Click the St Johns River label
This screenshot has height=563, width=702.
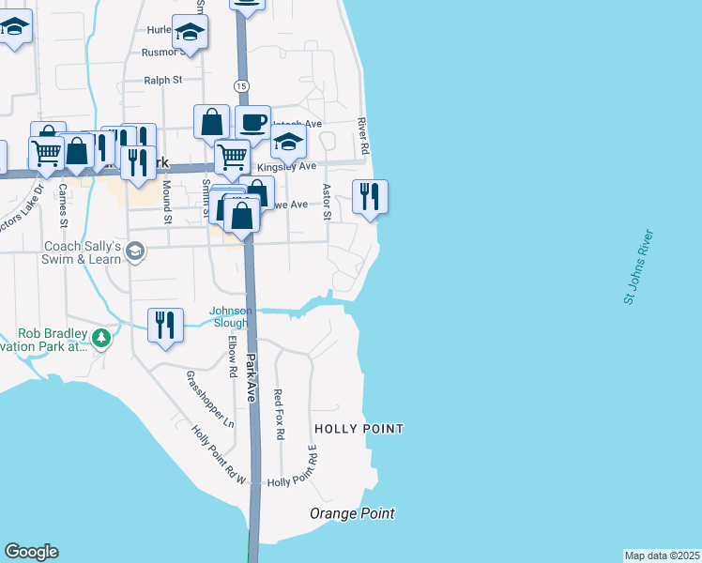(x=637, y=266)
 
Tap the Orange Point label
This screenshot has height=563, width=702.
(x=352, y=513)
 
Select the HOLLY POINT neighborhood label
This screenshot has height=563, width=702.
(x=359, y=429)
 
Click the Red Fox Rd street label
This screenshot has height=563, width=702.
(x=279, y=415)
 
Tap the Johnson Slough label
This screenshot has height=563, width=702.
(x=229, y=317)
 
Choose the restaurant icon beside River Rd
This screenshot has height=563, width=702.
(x=370, y=197)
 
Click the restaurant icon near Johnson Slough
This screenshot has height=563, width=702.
(x=165, y=325)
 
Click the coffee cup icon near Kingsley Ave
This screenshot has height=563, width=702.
(x=252, y=122)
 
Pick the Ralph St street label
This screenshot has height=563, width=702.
(x=163, y=81)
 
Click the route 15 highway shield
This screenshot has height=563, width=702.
(x=242, y=86)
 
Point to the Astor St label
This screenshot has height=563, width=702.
(x=328, y=202)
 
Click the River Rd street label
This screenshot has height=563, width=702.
(x=363, y=137)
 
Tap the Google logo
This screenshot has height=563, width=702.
(x=31, y=552)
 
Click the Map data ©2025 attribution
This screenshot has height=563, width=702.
(x=662, y=555)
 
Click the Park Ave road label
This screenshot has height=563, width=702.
(x=252, y=377)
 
